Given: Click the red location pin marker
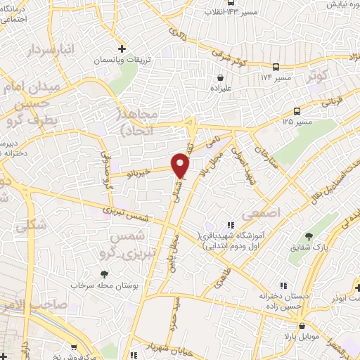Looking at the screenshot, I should pos(181,165).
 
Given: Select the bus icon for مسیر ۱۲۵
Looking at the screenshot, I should pos(297,111).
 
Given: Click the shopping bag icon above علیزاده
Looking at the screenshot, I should pos(221,78).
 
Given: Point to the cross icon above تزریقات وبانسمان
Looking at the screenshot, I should pos(122,49).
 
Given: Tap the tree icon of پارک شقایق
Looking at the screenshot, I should pos(308,236).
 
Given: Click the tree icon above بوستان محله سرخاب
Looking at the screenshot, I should pos(104,274).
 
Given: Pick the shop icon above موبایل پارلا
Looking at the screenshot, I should pos(302,326).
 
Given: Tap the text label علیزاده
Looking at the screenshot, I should pos(221,89).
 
